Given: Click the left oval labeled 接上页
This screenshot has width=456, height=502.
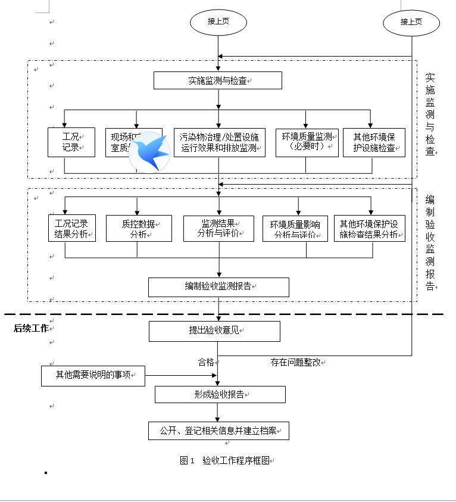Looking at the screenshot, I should pos(218,22).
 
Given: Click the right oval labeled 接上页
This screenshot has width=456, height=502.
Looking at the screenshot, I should pos(411,23).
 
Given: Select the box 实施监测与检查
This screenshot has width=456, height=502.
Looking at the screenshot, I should pos(217,80).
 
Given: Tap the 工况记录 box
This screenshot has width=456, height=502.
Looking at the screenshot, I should pos(71,142).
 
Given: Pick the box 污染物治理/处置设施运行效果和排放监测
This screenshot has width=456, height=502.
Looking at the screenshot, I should pos(219,142).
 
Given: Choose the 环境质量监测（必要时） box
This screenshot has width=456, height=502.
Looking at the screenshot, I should pos(307,142).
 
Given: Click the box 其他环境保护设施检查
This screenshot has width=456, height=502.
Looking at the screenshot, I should pos(374,142).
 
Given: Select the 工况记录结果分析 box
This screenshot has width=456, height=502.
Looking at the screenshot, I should pos(71,229).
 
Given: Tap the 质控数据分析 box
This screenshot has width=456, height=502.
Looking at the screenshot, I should pos(139,229).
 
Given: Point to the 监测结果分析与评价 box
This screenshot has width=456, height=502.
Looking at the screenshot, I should pos(219,229).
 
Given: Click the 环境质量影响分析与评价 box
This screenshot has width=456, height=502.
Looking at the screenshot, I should pos(295,229).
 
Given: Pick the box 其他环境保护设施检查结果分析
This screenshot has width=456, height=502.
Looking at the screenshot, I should pos(369,229).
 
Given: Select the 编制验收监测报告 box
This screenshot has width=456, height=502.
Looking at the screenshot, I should pos(218,286).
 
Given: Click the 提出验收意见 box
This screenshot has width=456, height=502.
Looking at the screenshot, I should pos(214,331).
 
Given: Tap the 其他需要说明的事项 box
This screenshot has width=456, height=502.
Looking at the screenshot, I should pos(93,376).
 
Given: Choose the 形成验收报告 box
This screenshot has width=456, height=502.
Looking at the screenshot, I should pos(220,394).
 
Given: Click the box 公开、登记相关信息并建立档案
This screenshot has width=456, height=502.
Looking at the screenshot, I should pos(218,431).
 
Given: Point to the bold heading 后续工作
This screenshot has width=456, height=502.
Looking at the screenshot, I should pos(31,328).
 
